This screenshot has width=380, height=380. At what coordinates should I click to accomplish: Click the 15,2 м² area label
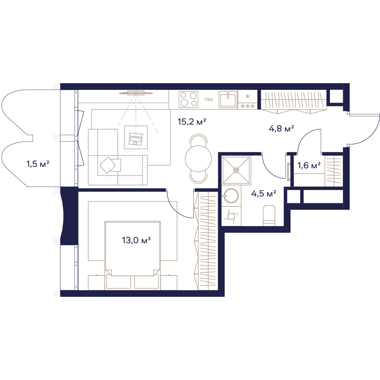point(192,122)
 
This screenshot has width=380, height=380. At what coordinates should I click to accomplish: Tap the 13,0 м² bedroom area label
point(136,241)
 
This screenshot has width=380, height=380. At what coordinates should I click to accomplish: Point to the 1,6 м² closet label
point(309,166)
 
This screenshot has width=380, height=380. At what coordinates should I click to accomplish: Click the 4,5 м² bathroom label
point(264,194)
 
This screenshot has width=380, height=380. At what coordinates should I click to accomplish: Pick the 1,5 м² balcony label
point(38,164)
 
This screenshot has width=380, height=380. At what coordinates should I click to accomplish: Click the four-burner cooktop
point(188,99)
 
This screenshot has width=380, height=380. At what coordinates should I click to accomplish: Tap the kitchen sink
point(228,99)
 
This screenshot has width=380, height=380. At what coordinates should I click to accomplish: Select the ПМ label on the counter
point(208,99)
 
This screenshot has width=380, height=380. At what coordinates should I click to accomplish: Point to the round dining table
point(198,158)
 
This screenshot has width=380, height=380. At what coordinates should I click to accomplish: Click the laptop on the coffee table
point(136,138)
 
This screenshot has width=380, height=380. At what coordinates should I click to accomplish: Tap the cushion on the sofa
point(110,165)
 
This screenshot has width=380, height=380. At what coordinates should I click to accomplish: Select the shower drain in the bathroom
point(236,170)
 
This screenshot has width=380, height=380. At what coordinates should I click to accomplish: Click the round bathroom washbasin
point(231,196)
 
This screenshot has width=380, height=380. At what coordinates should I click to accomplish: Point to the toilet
point(269,214)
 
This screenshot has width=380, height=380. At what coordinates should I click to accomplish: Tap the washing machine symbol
point(231,216)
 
